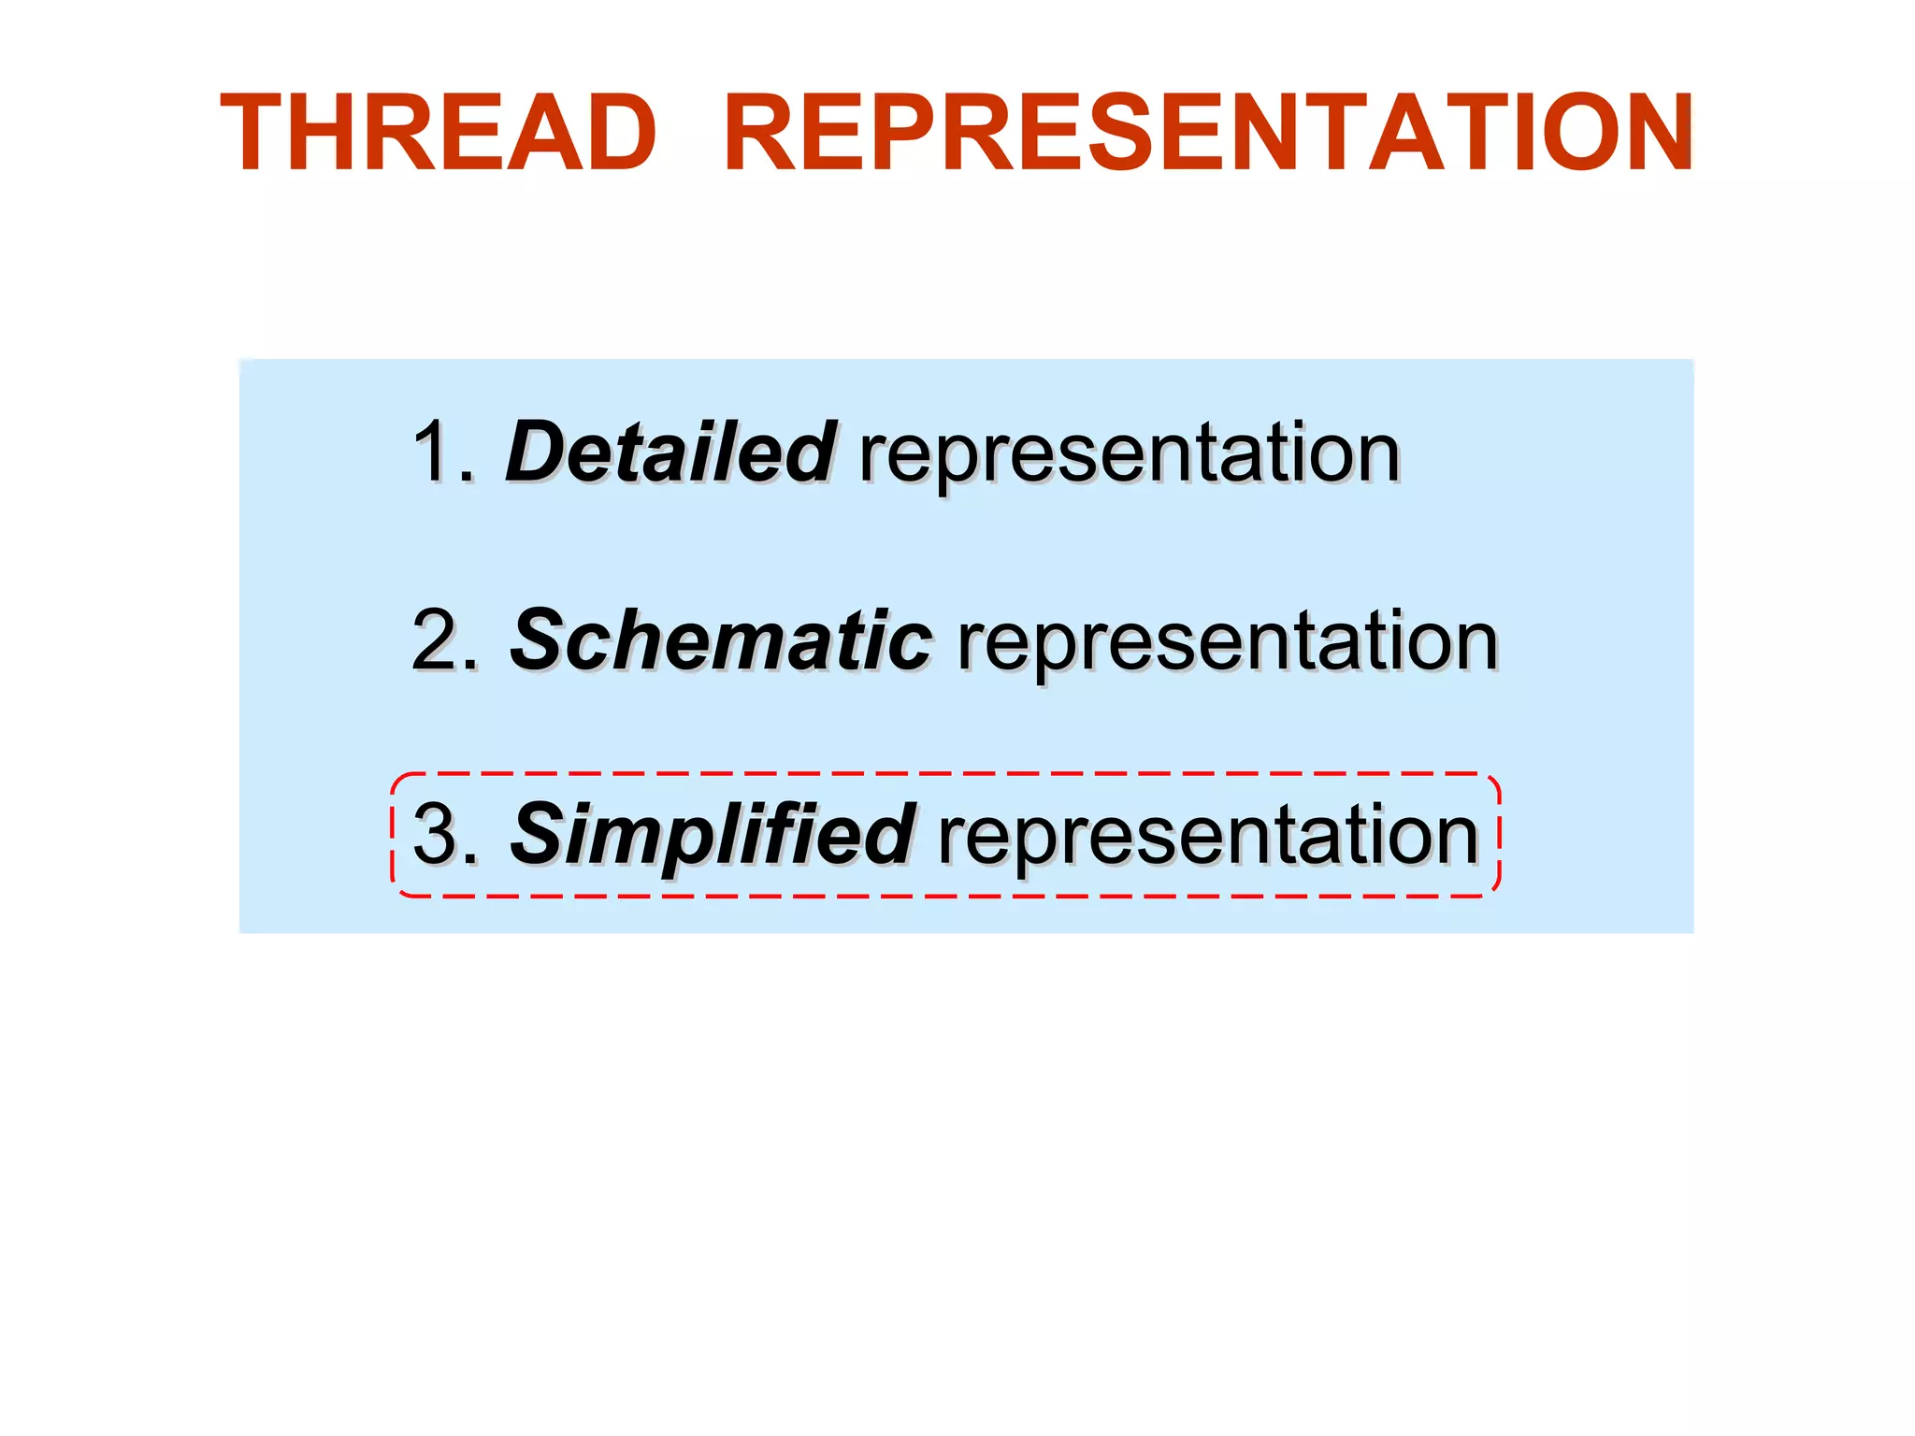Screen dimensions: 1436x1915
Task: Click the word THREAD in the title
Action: click(438, 133)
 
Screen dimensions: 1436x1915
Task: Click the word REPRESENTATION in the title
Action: click(1208, 133)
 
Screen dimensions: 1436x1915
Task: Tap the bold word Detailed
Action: click(670, 452)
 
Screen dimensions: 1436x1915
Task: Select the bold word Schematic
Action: click(720, 640)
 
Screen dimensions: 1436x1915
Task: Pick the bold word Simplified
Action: click(712, 834)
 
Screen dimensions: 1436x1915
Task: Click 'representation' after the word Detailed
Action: click(1129, 454)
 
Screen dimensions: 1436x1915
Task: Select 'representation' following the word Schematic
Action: click(1228, 643)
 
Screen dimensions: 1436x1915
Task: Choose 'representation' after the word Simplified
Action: click(1207, 836)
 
